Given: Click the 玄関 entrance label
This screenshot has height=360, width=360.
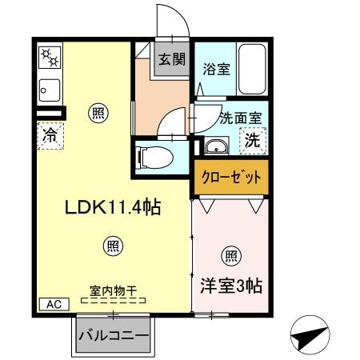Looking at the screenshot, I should [x=169, y=58].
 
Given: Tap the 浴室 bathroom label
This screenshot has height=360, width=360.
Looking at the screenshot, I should [x=216, y=69].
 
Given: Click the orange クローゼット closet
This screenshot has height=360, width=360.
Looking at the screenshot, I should [x=230, y=178].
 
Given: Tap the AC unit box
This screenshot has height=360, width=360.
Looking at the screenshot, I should [x=54, y=304].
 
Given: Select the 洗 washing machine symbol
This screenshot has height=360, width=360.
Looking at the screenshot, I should [x=251, y=142].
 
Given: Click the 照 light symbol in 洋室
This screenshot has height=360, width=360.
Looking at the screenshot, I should [x=230, y=256].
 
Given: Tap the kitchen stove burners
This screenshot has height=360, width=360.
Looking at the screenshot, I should [x=50, y=58].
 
